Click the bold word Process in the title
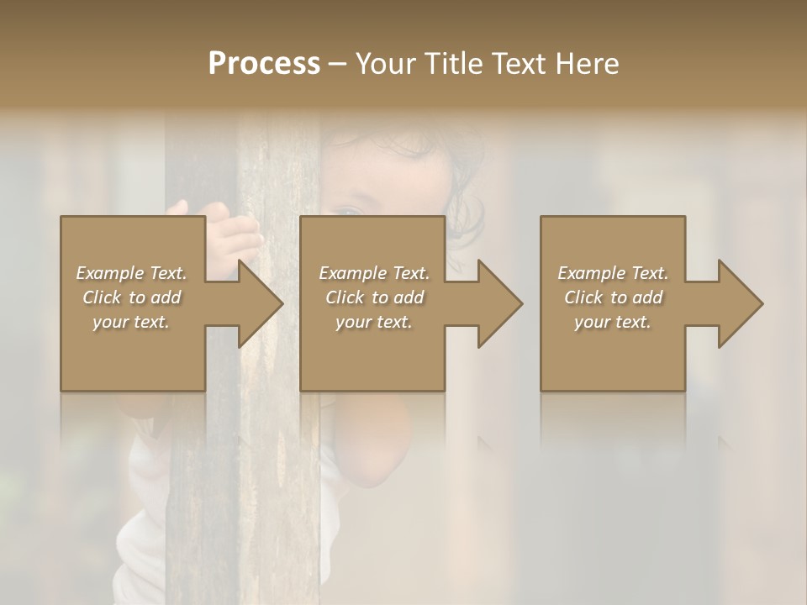point(264,64)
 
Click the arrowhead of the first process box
point(256,303)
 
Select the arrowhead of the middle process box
point(496,303)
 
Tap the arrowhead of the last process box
point(736,303)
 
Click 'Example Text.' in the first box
point(131,273)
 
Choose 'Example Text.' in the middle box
point(374,273)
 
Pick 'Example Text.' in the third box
point(613,273)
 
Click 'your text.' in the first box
point(131,322)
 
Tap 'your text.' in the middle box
point(374,322)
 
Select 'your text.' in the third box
point(613,322)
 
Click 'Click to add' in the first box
point(131,297)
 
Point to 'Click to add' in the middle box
point(374,297)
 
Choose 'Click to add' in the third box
point(613,297)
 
